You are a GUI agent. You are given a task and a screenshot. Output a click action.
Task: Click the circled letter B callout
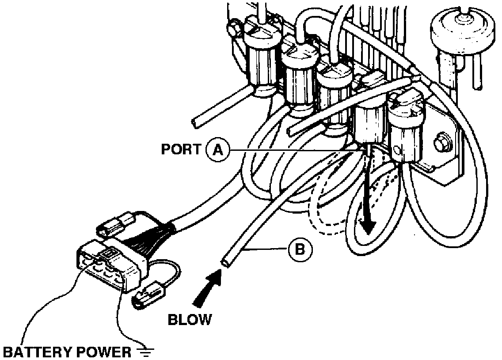pyautogui.click(x=300, y=249)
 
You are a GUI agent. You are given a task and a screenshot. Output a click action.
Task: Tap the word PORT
pyautogui.click(x=181, y=149)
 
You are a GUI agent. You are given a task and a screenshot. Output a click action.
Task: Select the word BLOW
pyautogui.click(x=190, y=319)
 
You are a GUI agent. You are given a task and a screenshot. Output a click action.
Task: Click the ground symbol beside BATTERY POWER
pyautogui.click(x=146, y=352)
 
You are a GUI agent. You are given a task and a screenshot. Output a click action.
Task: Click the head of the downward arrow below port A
pyautogui.click(x=366, y=228)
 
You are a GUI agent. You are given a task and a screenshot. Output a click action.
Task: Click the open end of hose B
pyautogui.click(x=225, y=263)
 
